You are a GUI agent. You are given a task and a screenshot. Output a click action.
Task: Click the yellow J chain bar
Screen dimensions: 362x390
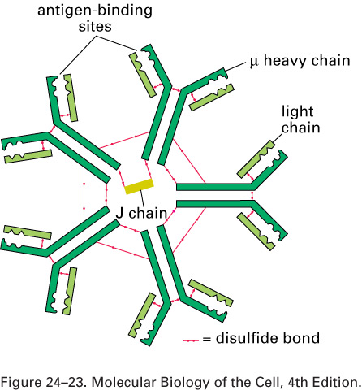tap(139, 186)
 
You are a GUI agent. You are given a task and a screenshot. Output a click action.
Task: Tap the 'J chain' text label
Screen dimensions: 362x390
tap(141, 214)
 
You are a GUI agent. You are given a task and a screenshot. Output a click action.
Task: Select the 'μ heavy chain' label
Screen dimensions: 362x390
tap(300, 61)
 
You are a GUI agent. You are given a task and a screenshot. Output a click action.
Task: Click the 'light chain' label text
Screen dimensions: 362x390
tap(300, 119)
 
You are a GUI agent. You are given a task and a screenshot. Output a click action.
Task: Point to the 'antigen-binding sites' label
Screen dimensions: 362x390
tap(95, 19)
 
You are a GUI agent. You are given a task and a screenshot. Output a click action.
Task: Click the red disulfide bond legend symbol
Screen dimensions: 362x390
tap(191, 340)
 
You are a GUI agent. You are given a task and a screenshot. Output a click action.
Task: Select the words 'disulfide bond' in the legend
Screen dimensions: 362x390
tap(268, 338)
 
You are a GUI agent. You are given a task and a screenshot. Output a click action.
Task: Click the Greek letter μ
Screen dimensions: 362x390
tap(254, 62)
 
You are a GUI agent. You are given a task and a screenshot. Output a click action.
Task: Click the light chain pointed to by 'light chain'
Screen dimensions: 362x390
tap(256, 159)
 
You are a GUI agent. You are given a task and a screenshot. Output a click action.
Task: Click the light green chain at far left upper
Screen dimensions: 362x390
tap(28, 157)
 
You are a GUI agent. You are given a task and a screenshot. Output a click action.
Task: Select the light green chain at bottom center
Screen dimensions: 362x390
tap(141, 315)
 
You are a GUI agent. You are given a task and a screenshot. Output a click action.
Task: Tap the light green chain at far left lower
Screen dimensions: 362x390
tap(28, 232)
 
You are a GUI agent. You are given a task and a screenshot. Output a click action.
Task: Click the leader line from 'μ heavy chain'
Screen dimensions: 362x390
tap(235, 67)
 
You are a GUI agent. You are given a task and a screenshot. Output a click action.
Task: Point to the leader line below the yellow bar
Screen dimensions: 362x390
tap(142, 198)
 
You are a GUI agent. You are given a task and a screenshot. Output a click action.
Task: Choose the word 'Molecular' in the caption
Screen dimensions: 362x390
tap(124, 382)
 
